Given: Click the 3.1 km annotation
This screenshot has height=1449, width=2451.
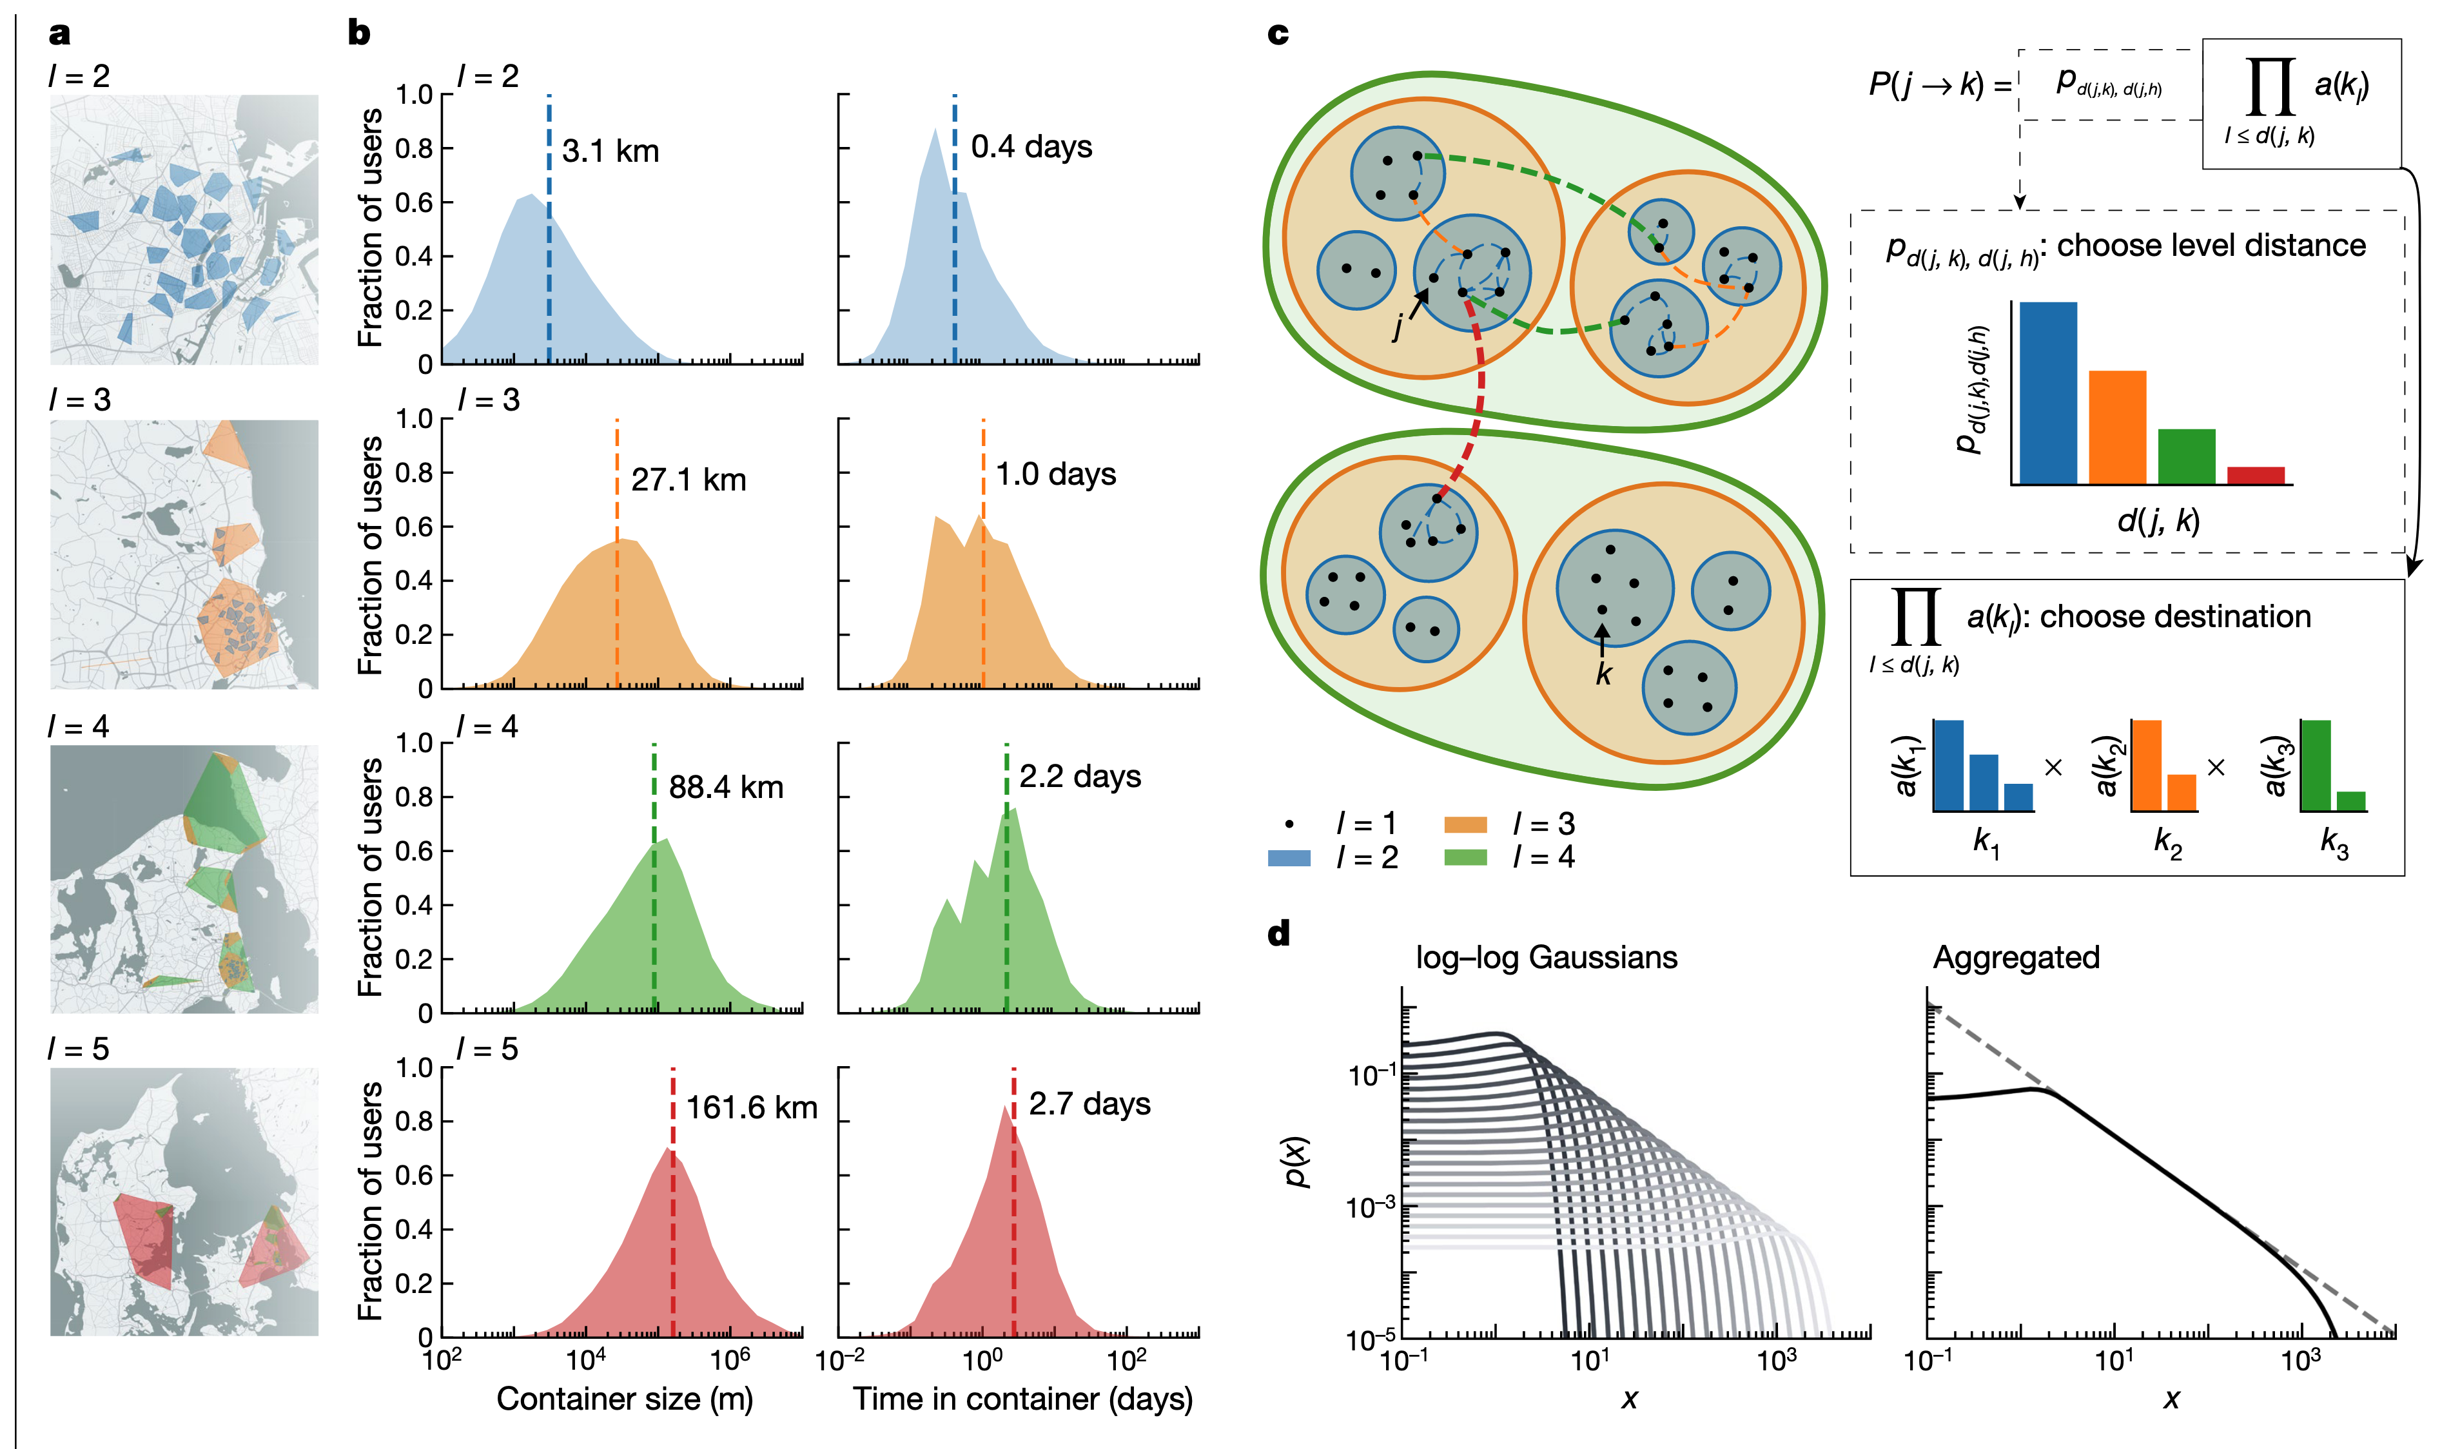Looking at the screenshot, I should [610, 151].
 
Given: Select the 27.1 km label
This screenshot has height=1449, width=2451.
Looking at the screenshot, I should [688, 480].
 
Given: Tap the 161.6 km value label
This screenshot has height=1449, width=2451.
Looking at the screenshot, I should [751, 1107].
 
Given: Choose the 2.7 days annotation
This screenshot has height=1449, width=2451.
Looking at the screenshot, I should [1089, 1104].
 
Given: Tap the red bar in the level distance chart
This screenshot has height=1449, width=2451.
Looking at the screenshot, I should [2256, 476].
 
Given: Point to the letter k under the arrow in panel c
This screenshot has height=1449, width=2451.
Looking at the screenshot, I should [1603, 674].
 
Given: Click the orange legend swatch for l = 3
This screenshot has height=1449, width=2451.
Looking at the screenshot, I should [1465, 824].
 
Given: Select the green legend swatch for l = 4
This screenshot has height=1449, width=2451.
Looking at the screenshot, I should [1465, 857].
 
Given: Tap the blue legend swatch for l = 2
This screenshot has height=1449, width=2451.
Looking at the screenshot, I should [1289, 857].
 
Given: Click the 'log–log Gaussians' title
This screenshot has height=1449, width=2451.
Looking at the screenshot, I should [1546, 957].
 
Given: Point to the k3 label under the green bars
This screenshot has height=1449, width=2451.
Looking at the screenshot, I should [2334, 842].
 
